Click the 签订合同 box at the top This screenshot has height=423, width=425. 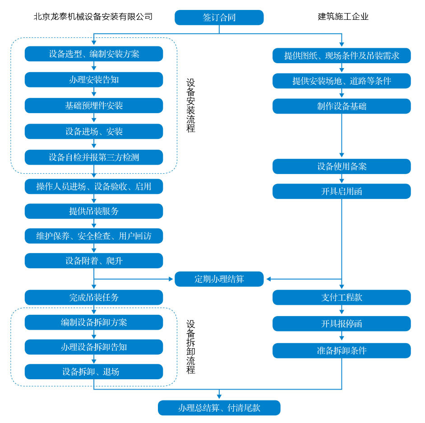tap(219, 18)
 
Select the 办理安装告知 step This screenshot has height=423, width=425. tap(94, 80)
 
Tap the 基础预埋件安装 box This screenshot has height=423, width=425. tap(94, 106)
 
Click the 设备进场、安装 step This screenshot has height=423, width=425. tap(94, 132)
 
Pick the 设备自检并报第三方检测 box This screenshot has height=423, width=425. tap(94, 157)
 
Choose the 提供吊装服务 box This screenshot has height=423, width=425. tap(94, 211)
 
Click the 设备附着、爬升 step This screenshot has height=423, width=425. tap(94, 261)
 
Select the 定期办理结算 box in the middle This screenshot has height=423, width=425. tap(219, 279)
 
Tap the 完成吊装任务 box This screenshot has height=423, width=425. tap(94, 298)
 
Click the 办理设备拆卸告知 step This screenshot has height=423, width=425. tap(94, 347)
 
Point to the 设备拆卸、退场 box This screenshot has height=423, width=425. tap(94, 372)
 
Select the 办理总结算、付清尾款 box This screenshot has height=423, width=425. tap(219, 408)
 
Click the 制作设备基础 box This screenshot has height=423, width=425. tap(342, 106)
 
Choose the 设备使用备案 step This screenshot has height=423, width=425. tap(342, 166)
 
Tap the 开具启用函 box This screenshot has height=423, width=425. tap(342, 191)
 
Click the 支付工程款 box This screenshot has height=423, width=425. tap(342, 298)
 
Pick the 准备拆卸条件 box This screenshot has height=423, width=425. tap(342, 351)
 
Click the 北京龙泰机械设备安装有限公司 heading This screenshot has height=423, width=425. tap(93, 17)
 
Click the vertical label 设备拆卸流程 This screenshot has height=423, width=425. tap(191, 347)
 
